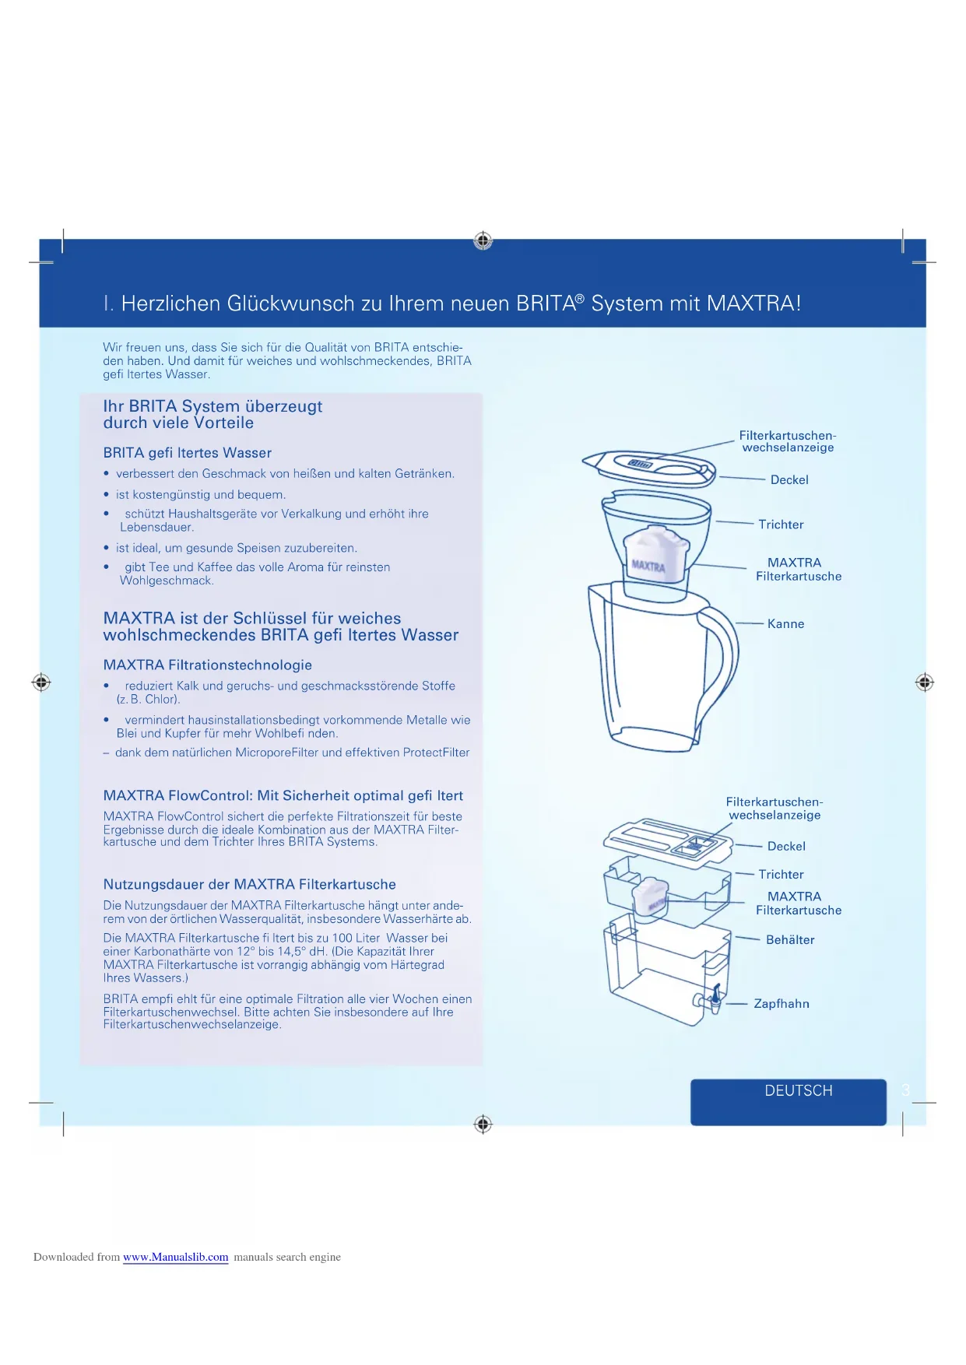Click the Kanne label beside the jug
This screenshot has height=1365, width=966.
coord(785,624)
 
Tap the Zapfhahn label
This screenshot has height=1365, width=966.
coord(781,1004)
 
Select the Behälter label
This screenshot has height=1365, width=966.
coord(789,940)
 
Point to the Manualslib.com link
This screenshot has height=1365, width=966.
coord(175,1257)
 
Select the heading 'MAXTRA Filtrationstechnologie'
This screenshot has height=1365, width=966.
coord(207,665)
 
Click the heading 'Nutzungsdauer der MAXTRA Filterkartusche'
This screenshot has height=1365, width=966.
coord(249,885)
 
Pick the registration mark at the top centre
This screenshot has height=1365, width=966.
coord(483,240)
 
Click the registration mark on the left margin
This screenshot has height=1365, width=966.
coord(41,682)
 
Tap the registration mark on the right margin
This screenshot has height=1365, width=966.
coord(924,682)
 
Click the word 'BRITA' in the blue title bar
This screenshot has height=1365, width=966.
coord(546,304)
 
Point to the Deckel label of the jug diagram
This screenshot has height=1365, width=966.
coord(789,480)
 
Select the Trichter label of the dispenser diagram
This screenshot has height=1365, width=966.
coord(781,875)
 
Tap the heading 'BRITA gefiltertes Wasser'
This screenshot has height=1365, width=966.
coord(187,453)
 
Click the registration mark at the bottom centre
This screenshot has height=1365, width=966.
coord(483,1124)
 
